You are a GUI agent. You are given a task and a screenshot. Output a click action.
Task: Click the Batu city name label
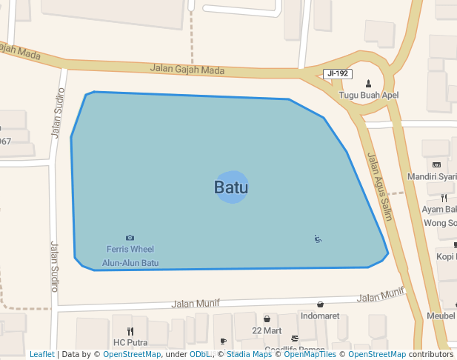point(231,187)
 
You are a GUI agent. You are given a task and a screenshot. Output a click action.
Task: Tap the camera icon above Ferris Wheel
point(130,238)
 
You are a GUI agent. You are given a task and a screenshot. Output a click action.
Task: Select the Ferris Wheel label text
point(130,250)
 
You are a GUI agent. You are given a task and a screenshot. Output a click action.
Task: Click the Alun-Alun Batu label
point(130,263)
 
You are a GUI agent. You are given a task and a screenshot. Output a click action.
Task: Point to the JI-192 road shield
point(338,74)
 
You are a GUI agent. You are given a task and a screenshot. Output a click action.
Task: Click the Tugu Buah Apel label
point(369,95)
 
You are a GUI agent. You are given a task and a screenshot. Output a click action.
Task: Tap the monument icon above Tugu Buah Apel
point(369,83)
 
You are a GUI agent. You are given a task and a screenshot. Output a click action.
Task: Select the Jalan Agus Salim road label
point(379,187)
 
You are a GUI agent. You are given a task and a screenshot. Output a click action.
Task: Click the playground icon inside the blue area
point(318,239)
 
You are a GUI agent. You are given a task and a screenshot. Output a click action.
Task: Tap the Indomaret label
point(320,316)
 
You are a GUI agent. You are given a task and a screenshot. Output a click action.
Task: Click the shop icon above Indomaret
point(320,304)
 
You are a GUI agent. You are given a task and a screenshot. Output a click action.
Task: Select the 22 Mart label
point(267,330)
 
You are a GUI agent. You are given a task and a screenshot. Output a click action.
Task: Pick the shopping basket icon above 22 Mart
point(267,319)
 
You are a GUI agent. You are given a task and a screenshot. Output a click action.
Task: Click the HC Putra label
point(130,343)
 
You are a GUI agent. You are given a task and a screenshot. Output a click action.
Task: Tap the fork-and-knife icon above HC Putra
point(130,331)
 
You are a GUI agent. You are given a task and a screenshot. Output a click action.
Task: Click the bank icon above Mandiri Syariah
point(436,164)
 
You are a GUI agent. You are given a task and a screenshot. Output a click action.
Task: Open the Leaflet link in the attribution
point(41,355)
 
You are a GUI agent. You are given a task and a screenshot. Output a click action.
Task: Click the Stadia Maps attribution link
point(249,355)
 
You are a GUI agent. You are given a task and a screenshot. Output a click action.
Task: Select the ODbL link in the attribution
point(200,355)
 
